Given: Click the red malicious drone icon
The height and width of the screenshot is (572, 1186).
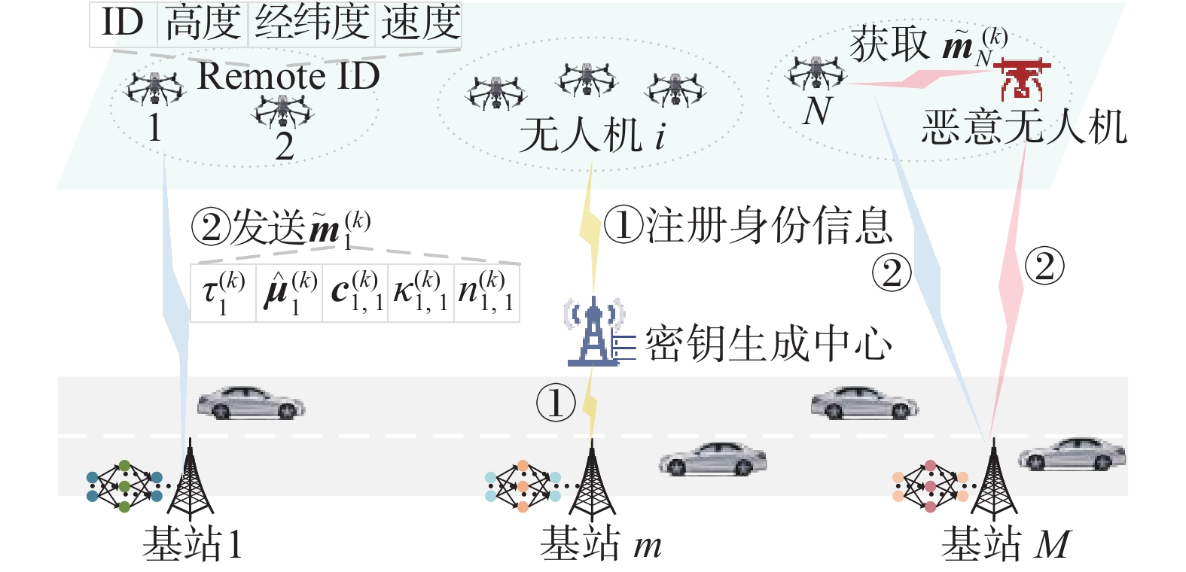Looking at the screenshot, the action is coord(1021,79).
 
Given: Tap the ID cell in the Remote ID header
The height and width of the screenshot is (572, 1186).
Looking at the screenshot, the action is coord(123,24).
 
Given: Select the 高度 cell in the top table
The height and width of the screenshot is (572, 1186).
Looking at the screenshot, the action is coord(203,24).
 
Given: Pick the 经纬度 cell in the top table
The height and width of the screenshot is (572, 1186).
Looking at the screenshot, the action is coord(311,24).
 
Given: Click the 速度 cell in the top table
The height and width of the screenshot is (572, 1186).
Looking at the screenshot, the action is coord(419,24).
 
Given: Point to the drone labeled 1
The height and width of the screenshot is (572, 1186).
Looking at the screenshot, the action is coord(154,88).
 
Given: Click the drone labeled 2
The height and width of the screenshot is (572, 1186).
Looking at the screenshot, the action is coord(282,111).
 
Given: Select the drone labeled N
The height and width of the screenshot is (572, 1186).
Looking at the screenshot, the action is coord(816,74).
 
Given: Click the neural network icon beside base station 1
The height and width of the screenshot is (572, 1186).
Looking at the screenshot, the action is coord(124,486).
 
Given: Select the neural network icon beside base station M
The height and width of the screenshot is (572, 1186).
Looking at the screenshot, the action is coord(930,486).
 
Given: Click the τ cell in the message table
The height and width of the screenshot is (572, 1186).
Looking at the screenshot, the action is coord(224,293).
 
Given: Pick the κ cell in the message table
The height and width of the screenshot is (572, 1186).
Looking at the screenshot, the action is coord(421,293).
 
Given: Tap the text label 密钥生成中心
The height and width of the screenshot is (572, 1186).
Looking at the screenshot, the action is coord(768,343).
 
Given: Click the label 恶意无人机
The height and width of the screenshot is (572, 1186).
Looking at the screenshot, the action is coord(1024,127).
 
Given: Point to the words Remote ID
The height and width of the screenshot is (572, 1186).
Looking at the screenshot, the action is coord(288,76).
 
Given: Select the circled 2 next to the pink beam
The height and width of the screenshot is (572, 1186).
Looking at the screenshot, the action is coord(1044,266).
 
